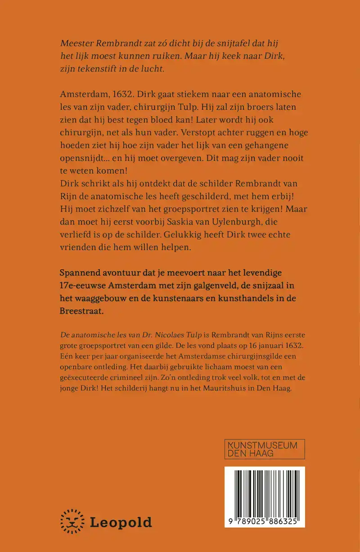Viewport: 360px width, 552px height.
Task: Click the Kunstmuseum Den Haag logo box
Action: pyautogui.click(x=265, y=449)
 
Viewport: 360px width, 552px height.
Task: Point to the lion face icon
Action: pyautogui.click(x=72, y=521)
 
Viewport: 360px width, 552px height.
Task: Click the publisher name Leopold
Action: pyautogui.click(x=121, y=522)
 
